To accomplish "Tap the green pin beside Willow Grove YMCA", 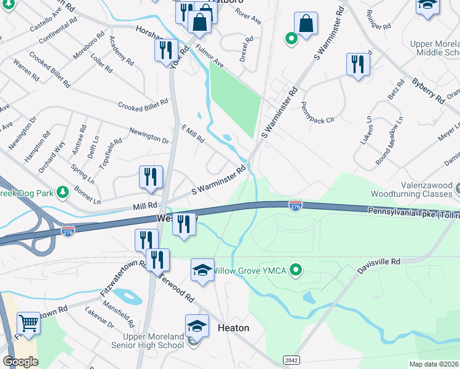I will point(296,270).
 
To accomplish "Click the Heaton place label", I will point(234,328).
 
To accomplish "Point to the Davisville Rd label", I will point(378,262).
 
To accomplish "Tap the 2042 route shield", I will point(291,359).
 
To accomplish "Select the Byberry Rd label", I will point(428,90).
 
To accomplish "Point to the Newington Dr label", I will point(149,135).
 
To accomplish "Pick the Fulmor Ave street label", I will point(210,53).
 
